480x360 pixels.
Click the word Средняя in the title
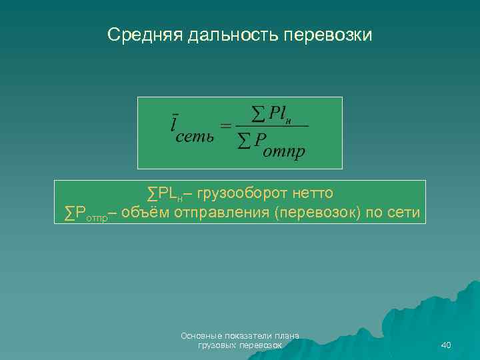[142, 34]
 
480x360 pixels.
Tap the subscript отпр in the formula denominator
[285, 152]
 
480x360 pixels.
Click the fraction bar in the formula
[273, 126]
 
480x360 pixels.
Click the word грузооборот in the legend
[243, 193]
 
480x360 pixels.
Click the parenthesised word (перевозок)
[319, 213]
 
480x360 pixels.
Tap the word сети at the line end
[403, 213]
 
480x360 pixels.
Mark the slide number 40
[447, 345]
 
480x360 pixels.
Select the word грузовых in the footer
[216, 345]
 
